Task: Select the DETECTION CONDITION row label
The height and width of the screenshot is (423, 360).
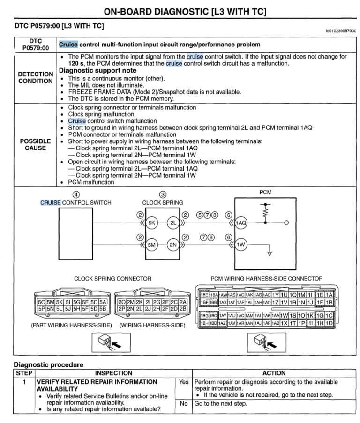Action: [x=35, y=78]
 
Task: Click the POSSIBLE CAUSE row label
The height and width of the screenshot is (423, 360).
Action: [x=35, y=144]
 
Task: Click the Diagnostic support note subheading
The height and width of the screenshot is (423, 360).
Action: [x=97, y=71]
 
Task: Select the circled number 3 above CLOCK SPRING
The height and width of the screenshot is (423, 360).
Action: [x=163, y=195]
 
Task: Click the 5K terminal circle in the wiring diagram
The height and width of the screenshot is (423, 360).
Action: [x=152, y=223]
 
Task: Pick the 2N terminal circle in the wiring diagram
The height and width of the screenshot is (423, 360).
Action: [x=173, y=244]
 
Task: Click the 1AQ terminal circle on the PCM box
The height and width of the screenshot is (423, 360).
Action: [x=241, y=223]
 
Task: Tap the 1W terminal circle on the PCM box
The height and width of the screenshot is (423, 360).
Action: [x=241, y=244]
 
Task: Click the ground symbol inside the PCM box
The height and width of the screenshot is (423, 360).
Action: [x=269, y=254]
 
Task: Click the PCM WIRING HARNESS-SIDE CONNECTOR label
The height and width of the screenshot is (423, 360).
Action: [x=266, y=279]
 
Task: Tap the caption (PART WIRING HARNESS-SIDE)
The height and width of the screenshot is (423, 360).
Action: [x=71, y=325]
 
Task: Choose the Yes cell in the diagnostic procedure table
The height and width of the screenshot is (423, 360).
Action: [x=183, y=382]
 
